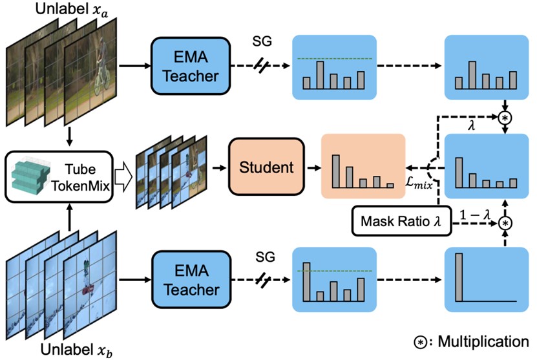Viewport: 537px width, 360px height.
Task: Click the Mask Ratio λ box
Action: [x=394, y=222]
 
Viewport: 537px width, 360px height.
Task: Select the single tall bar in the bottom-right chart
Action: [x=459, y=277]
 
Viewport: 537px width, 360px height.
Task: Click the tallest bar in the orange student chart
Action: [x=336, y=171]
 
